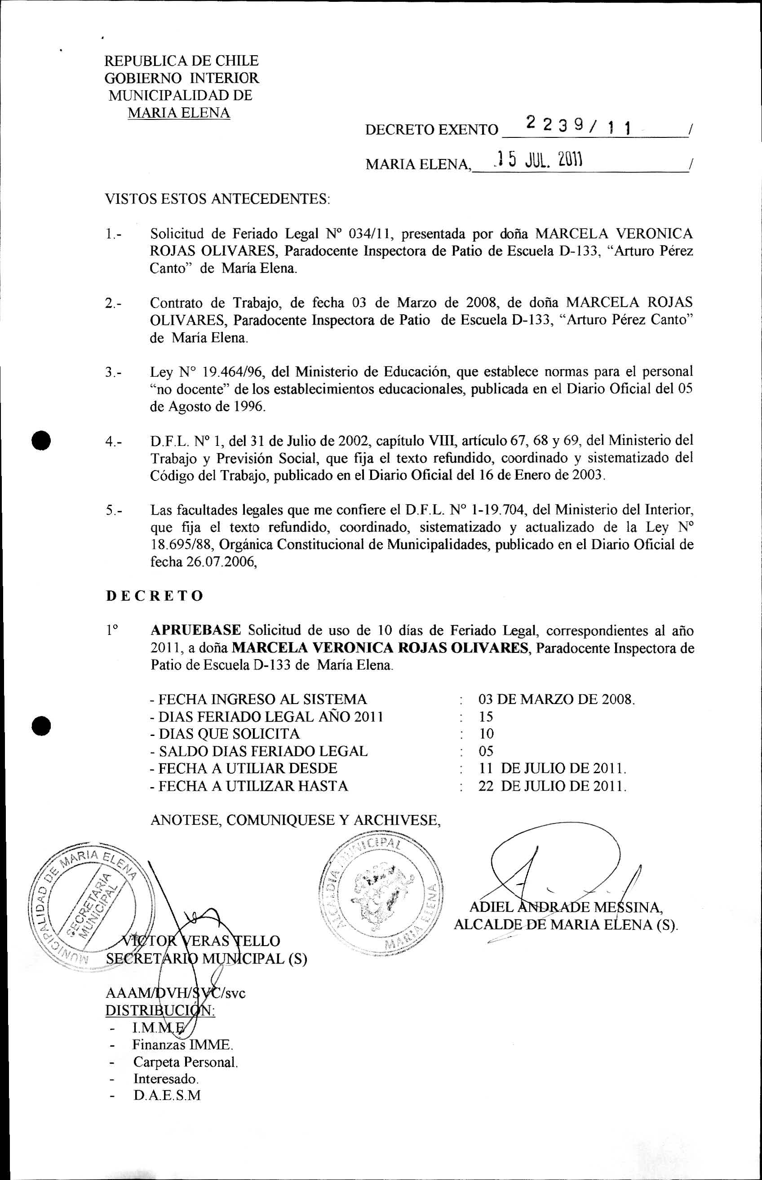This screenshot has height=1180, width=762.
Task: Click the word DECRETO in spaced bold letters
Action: click(155, 595)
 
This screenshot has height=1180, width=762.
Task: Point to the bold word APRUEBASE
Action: click(196, 630)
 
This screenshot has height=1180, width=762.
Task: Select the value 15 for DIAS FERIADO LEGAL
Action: click(485, 716)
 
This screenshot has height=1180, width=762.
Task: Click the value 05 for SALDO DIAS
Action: click(486, 751)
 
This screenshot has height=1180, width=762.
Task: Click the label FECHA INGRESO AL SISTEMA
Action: click(259, 699)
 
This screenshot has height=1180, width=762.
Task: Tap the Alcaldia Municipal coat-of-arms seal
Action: click(381, 890)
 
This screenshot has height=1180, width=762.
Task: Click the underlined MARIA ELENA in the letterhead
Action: click(179, 113)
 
